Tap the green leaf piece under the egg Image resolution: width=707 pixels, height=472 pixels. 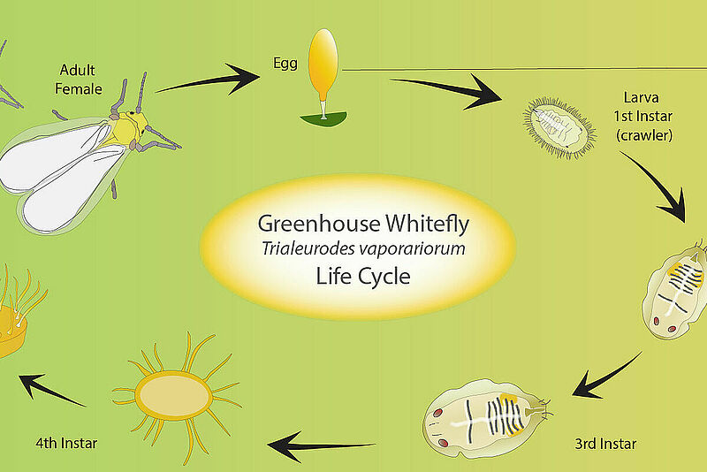pyautogui.click(x=323, y=119)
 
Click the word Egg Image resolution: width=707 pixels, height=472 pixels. pyautogui.click(x=285, y=64)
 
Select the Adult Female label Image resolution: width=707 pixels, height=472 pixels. pyautogui.click(x=78, y=80)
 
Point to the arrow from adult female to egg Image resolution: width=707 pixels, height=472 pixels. pyautogui.click(x=209, y=80)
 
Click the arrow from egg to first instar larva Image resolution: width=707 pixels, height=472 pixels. pyautogui.click(x=446, y=90)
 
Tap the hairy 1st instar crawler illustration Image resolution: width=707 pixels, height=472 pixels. pyautogui.click(x=559, y=127)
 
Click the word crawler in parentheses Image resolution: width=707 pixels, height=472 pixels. pyautogui.click(x=644, y=135)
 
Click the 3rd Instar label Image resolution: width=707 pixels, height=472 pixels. pyautogui.click(x=605, y=444)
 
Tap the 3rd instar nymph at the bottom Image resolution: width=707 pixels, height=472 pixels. pyautogui.click(x=487, y=419)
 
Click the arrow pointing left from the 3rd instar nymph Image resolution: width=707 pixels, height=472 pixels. pyautogui.click(x=321, y=446)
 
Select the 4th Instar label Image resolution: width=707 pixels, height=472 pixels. pyautogui.click(x=66, y=443)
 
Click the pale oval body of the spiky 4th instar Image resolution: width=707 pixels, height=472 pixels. pyautogui.click(x=174, y=396)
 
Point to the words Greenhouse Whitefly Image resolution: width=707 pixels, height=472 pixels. pyautogui.click(x=363, y=224)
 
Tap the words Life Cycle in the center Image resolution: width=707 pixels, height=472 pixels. pyautogui.click(x=363, y=276)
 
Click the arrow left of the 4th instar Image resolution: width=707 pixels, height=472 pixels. pyautogui.click(x=52, y=389)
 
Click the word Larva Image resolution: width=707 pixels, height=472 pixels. pyautogui.click(x=642, y=97)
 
